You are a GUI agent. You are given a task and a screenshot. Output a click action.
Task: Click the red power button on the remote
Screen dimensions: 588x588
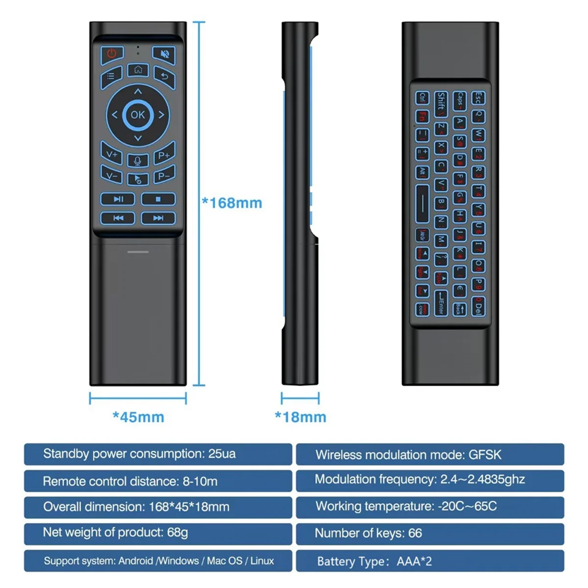(x=112, y=53)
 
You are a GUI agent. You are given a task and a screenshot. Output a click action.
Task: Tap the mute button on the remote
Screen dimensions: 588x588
(x=164, y=53)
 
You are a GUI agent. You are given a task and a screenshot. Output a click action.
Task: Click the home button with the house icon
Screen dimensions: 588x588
(x=138, y=70)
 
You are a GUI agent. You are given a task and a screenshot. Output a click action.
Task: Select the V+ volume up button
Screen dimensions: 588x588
(x=112, y=155)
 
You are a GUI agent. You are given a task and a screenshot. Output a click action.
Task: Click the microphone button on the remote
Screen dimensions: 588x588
(x=138, y=160)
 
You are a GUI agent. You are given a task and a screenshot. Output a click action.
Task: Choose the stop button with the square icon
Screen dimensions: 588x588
(x=158, y=199)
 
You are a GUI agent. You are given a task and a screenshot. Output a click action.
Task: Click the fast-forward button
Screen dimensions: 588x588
(x=158, y=218)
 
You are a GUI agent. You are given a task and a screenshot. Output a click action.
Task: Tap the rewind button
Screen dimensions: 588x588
(x=118, y=218)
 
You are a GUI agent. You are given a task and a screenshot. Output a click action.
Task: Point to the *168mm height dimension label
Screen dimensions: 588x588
(x=232, y=203)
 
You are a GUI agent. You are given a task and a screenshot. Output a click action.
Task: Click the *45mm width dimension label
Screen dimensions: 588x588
(x=138, y=417)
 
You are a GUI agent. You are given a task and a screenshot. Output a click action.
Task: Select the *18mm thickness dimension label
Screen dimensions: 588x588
(x=300, y=417)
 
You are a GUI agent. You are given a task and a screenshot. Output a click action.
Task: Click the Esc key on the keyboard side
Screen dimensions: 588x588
(x=478, y=98)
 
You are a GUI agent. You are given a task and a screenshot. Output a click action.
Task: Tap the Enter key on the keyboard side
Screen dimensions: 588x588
(x=441, y=302)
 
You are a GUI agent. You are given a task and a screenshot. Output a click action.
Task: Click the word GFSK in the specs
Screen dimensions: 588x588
(x=485, y=455)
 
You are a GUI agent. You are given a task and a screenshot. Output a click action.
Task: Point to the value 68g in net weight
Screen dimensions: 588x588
(x=177, y=532)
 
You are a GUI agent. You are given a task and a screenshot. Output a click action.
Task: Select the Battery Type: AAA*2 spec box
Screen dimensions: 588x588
(x=430, y=561)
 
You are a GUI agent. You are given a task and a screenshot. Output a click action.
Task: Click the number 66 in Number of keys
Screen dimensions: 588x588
(x=415, y=533)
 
